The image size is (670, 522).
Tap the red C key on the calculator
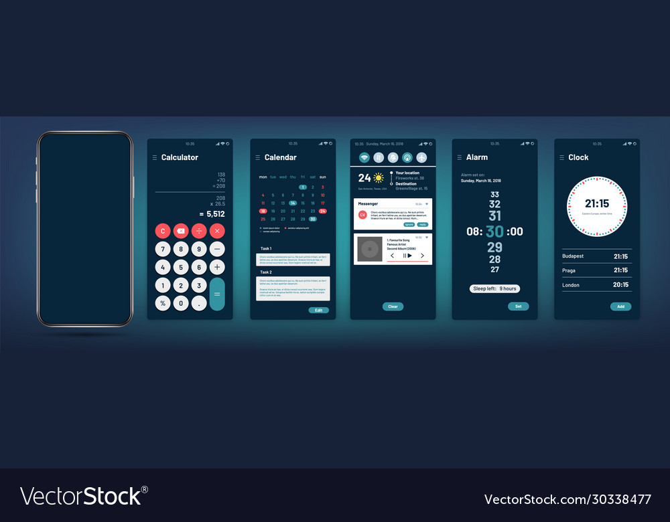162,231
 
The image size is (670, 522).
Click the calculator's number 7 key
162,249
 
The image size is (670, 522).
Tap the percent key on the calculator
162,303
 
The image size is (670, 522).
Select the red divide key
199,231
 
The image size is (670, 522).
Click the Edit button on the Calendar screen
319,311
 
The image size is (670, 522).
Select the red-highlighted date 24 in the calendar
322,211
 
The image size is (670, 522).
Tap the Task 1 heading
267,248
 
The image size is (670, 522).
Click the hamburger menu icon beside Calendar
257,158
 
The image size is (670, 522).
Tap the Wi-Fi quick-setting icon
364,157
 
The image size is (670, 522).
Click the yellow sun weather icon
379,178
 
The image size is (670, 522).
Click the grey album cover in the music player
368,249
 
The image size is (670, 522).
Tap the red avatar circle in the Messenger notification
362,214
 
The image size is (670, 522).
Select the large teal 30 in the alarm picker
494,232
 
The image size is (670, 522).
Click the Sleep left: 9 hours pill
494,288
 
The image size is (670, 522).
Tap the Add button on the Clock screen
620,307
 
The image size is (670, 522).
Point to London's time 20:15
620,285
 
